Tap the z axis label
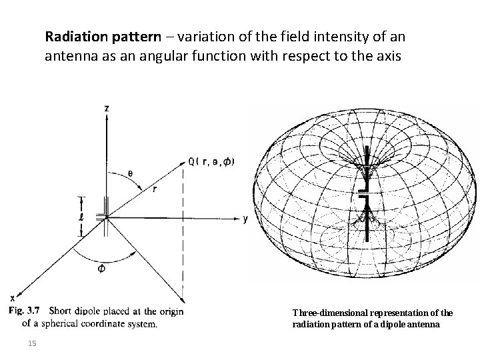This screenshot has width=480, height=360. pos(106,108)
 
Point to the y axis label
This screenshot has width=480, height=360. pos(245,217)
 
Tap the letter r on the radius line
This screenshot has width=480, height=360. pos(154,189)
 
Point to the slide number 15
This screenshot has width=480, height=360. pos(33,343)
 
